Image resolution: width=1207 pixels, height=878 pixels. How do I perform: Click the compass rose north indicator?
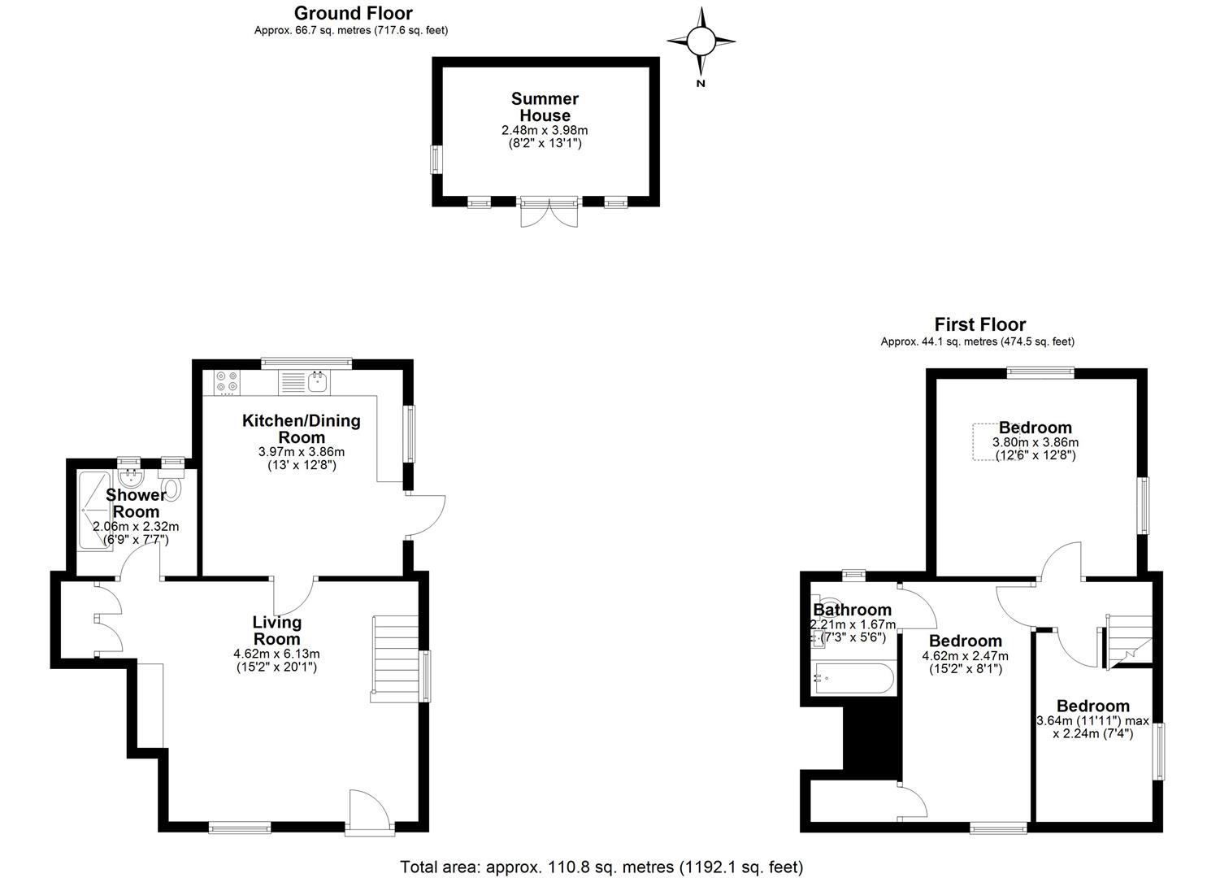pos(701,42)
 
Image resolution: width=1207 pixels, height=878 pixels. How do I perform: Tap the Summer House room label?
pos(545,106)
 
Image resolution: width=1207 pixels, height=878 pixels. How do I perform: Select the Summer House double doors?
pos(549,212)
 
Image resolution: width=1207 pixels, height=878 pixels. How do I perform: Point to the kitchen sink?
pos(319,383)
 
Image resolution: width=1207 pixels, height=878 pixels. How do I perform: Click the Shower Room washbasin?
pos(129,478)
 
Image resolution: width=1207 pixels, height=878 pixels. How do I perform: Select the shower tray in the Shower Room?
pos(95,511)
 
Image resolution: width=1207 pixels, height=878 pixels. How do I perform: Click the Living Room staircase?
pos(396,659)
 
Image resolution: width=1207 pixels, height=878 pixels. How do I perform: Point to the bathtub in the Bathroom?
pos(853,679)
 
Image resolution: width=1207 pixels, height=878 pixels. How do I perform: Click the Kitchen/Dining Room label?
pos(302,428)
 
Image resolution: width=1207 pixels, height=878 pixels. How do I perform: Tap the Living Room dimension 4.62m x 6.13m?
pos(276,654)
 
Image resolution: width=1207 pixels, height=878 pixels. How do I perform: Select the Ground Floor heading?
pos(354,13)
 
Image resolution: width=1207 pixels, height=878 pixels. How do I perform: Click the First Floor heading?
pos(980,324)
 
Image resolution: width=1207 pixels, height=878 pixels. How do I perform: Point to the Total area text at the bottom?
pos(601,867)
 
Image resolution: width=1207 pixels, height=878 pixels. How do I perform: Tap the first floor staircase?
pos(1128,641)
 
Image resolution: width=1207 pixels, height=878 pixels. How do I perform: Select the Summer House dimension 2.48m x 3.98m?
pos(545,130)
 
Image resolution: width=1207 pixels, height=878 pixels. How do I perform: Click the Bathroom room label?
pos(852,610)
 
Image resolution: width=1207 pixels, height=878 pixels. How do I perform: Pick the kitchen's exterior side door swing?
pos(425,515)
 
